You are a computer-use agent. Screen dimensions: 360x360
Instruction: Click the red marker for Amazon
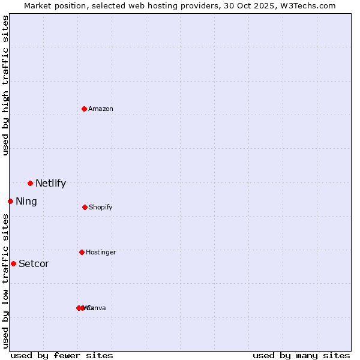click(x=84, y=109)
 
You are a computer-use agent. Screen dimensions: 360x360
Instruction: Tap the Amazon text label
click(x=101, y=109)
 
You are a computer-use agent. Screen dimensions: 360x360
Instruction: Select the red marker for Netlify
click(x=30, y=183)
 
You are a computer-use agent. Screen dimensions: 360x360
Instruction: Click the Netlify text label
click(x=50, y=184)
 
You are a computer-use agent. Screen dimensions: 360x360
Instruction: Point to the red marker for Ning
click(x=10, y=201)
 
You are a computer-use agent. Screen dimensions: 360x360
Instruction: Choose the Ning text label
click(x=26, y=202)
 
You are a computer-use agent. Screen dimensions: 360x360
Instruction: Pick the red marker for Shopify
click(x=85, y=207)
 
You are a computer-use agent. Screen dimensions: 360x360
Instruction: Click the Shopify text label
click(x=101, y=208)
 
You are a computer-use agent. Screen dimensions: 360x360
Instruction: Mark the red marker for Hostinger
click(x=82, y=252)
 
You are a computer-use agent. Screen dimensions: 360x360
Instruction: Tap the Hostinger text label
click(x=101, y=253)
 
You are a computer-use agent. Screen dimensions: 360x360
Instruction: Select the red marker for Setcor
click(x=13, y=263)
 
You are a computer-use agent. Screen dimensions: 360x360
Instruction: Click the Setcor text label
click(x=34, y=264)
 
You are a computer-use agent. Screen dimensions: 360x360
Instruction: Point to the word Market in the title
click(x=38, y=5)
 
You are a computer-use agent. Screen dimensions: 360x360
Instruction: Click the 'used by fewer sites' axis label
click(x=62, y=355)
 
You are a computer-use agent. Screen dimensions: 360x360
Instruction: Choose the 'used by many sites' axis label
click(x=301, y=355)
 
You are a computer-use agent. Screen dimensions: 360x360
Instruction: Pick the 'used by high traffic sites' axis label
click(x=5, y=85)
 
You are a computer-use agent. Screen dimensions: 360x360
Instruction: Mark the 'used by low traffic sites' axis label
click(x=5, y=281)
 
